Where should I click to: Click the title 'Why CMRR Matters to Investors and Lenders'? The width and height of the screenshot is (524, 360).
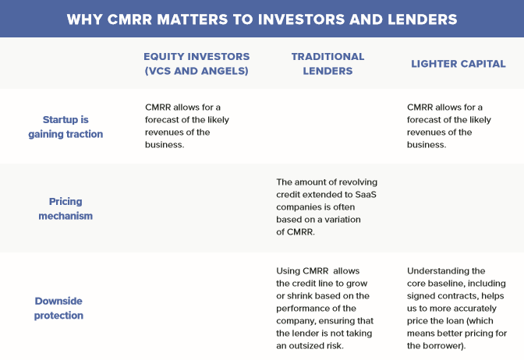[x=262, y=19]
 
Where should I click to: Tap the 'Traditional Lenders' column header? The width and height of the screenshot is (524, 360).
[x=327, y=64]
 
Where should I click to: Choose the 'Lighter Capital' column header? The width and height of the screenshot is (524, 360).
[x=458, y=64]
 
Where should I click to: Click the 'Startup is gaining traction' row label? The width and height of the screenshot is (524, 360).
[x=73, y=127]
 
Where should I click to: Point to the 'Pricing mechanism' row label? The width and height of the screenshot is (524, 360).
[x=65, y=208]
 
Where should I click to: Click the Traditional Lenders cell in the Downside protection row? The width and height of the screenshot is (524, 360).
[x=324, y=308]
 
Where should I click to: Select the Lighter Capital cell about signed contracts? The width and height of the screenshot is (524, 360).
[x=456, y=308]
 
